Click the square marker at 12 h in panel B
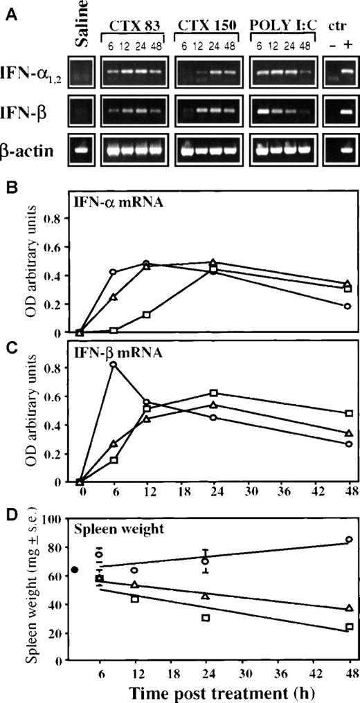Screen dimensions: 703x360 (x=147, y=315)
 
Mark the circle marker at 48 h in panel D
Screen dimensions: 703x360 (x=349, y=539)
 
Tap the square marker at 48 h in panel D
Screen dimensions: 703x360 (x=349, y=626)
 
